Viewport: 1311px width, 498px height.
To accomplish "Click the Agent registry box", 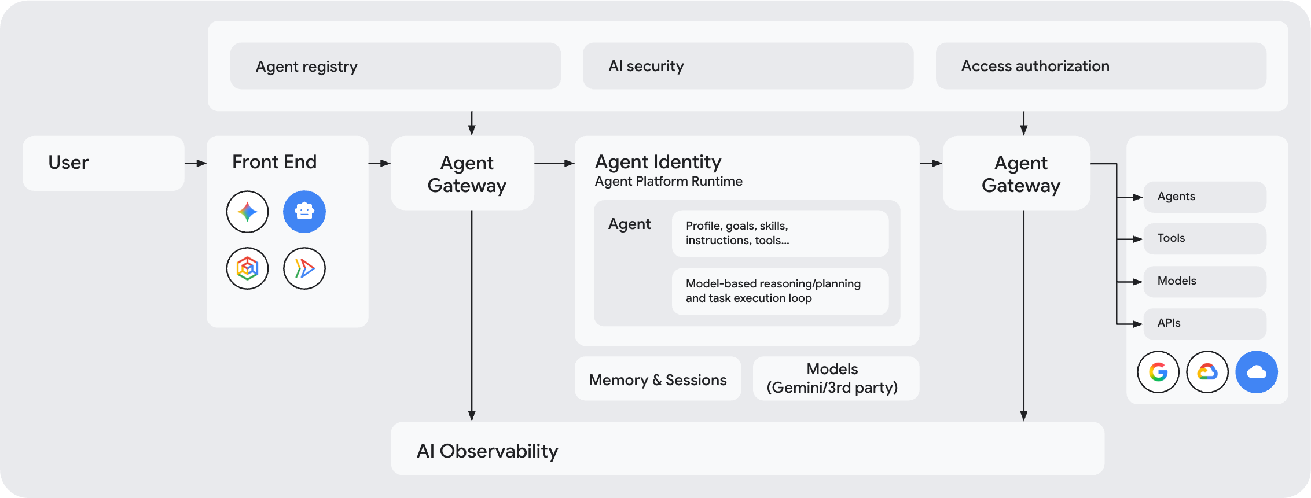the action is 395,66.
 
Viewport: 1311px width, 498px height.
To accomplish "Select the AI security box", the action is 748,66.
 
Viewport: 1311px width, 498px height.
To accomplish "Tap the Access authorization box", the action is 1101,66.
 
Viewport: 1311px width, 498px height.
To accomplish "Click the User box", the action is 104,163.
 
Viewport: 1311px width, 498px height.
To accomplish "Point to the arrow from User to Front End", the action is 196,164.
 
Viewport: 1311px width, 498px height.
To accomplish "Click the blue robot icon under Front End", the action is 304,212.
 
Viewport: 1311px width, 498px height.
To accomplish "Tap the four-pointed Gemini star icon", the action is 247,212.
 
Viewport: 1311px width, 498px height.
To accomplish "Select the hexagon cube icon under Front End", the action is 247,268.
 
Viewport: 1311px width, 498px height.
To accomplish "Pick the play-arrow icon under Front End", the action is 304,268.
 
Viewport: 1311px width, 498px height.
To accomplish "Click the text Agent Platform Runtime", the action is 669,182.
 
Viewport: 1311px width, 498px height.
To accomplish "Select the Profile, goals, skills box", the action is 780,234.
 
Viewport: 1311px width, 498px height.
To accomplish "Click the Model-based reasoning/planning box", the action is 780,292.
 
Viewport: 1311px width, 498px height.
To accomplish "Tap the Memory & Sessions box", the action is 658,379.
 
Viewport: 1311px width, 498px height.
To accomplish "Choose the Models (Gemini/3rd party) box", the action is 836,379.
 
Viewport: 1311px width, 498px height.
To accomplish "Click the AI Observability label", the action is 487,451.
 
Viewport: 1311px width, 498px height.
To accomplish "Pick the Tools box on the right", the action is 1205,239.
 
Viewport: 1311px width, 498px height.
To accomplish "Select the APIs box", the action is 1205,324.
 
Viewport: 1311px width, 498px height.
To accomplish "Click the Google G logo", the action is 1158,372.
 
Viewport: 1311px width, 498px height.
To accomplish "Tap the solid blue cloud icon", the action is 1257,372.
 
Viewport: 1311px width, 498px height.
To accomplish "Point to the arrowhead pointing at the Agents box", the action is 1138,198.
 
